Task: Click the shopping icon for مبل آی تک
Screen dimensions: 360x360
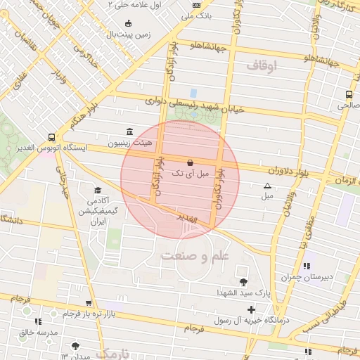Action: point(190,162)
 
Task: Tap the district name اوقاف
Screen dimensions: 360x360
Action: point(263,65)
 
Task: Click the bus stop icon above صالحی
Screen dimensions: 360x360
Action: point(349,95)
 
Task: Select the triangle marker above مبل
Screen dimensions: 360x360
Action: point(266,186)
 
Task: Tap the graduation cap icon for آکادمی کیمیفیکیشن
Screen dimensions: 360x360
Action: point(98,190)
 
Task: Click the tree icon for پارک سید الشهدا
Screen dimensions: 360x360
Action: point(243,281)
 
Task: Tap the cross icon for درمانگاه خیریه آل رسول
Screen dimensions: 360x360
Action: point(252,309)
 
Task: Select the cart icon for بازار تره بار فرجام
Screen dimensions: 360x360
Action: point(88,303)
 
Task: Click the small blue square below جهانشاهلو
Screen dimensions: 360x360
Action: point(193,93)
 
